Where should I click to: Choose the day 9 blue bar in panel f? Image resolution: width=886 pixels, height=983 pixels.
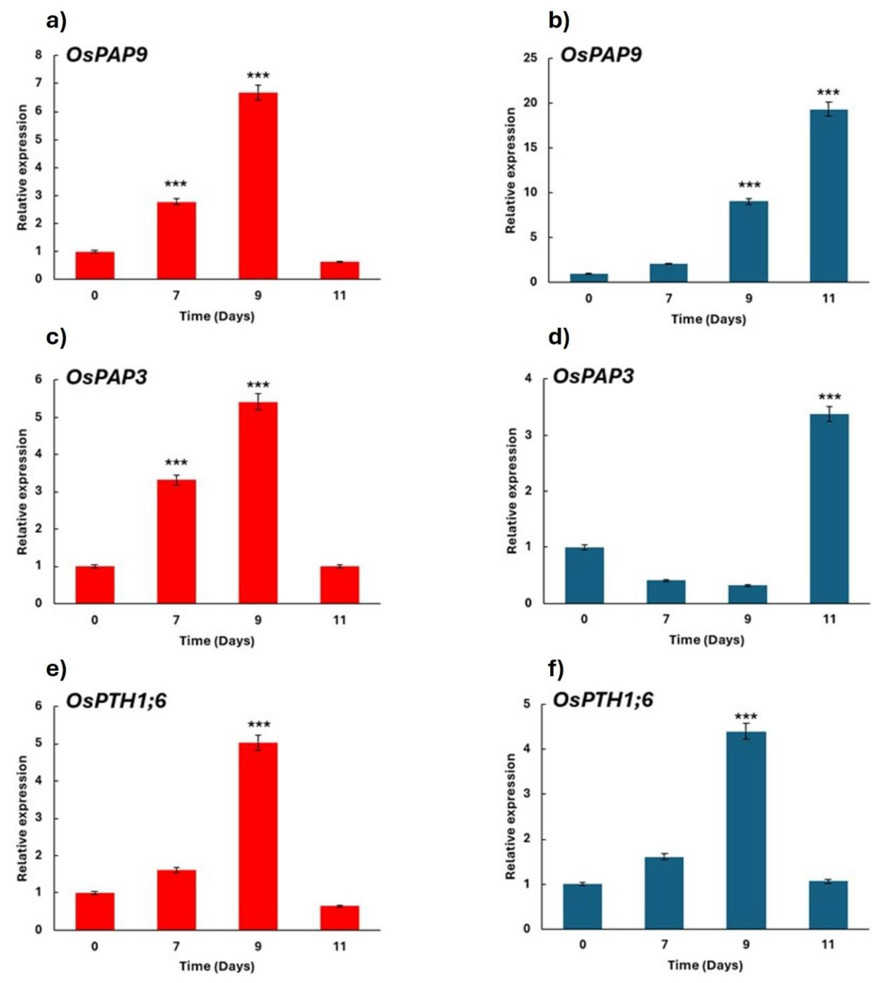(x=746, y=830)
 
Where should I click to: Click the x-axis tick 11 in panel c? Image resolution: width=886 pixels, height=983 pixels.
(x=339, y=620)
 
